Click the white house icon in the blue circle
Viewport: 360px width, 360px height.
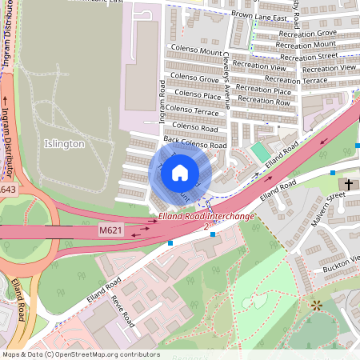[x=180, y=172]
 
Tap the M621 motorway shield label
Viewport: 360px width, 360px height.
[x=111, y=230]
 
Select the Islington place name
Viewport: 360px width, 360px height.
[x=61, y=144]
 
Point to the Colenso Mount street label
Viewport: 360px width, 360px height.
[x=196, y=51]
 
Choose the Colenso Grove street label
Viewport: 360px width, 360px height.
[x=194, y=78]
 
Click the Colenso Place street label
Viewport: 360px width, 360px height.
[x=196, y=94]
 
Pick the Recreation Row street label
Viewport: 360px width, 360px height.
[x=264, y=101]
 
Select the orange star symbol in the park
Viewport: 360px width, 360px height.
[x=318, y=305]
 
